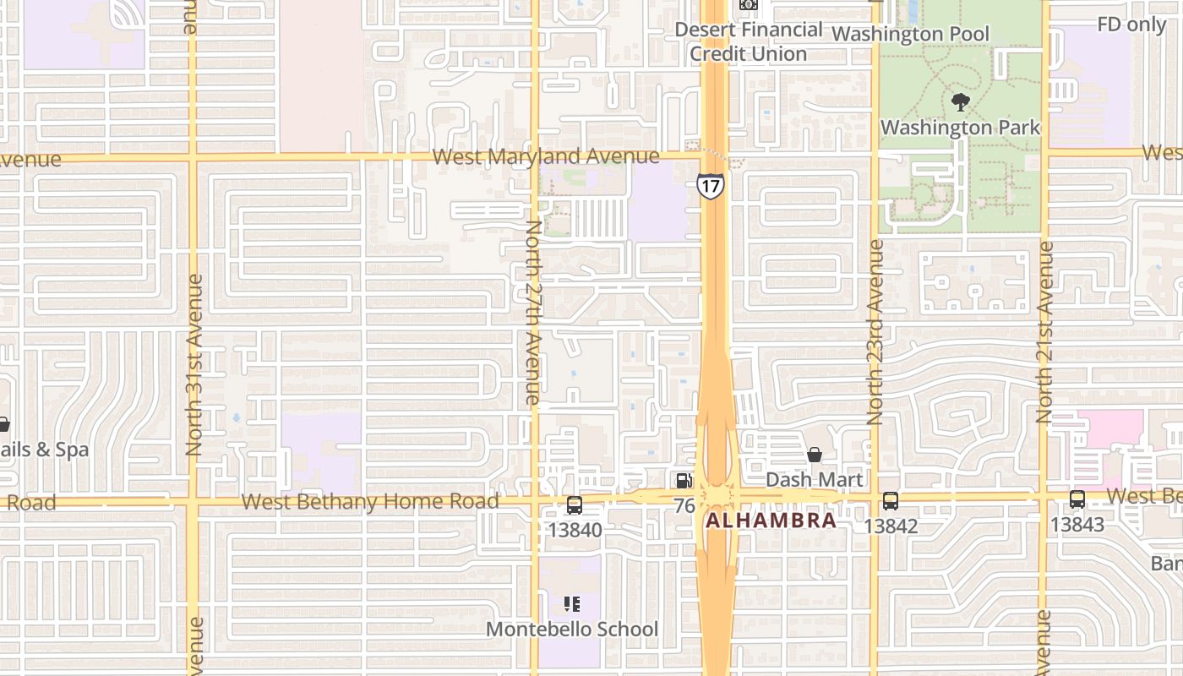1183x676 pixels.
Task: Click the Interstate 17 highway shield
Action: [711, 185]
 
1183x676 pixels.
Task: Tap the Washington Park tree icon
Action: [960, 103]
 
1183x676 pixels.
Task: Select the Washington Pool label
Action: [911, 34]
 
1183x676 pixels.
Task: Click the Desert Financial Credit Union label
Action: [749, 41]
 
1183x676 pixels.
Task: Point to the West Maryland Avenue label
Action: [545, 156]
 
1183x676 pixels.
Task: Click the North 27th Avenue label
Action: [533, 311]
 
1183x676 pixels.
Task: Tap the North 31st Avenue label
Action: [194, 365]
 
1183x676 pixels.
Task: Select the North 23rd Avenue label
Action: [875, 332]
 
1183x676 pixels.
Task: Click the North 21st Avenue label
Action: [1045, 332]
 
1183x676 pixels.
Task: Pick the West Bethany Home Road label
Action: [370, 502]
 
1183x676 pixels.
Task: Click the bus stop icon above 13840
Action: [575, 505]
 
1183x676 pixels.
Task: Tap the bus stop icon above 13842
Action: [891, 501]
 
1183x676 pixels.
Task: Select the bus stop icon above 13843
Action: [1077, 499]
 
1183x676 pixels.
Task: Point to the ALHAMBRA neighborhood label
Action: [771, 521]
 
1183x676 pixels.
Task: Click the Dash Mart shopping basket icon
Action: [815, 455]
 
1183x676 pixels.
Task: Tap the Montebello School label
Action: [572, 630]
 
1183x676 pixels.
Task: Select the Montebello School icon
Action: [572, 604]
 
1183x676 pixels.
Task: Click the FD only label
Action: [1131, 25]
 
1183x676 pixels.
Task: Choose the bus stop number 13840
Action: [575, 530]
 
